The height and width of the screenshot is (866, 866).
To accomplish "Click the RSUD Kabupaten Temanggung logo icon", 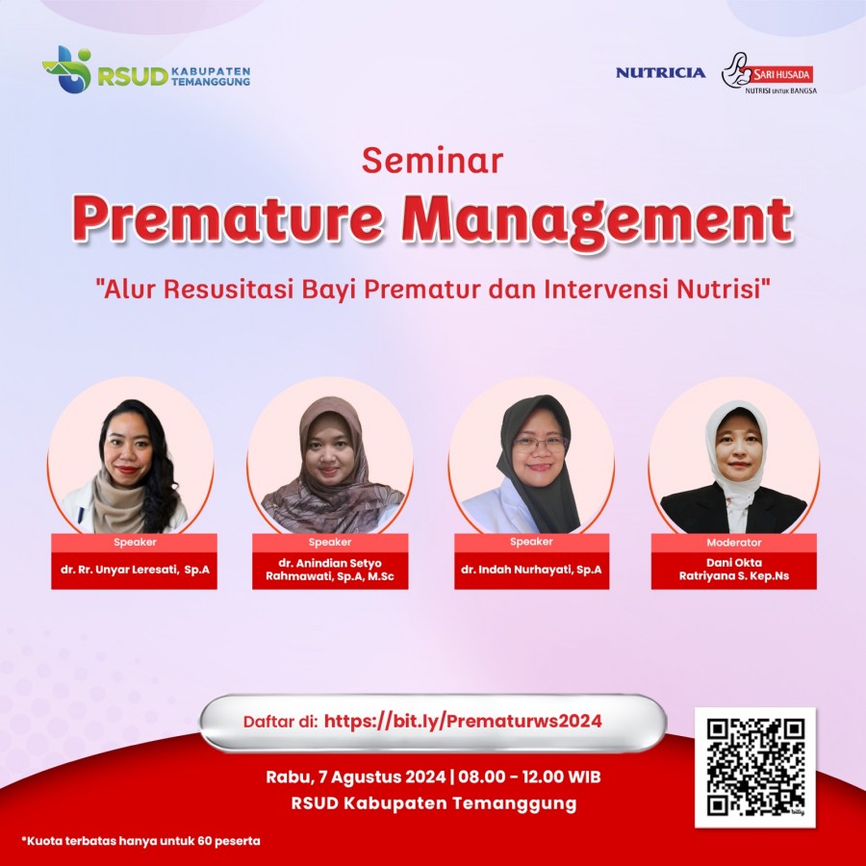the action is [x=66, y=69].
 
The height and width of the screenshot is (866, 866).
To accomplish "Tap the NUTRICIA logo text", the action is [x=660, y=73].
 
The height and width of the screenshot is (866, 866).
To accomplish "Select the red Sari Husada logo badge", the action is [x=778, y=74].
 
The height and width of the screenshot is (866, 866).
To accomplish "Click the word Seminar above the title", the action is [x=432, y=160].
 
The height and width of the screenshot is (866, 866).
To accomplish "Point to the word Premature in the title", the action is [x=227, y=218].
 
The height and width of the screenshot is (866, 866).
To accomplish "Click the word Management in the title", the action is [x=597, y=222].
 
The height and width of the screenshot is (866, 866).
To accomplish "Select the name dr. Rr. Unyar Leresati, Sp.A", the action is [x=135, y=570].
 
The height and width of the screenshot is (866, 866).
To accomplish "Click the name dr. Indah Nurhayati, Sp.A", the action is [x=531, y=570].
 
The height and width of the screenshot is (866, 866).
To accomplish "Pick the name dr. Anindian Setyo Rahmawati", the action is [x=330, y=570].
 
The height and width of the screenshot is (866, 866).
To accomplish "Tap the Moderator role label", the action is [x=734, y=543].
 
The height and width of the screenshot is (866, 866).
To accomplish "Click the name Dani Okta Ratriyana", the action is [x=734, y=570].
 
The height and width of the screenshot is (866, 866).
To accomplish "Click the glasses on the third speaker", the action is [x=540, y=443].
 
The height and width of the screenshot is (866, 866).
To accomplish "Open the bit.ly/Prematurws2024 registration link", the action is [x=463, y=722].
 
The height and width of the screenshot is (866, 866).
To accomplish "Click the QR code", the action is [x=755, y=767].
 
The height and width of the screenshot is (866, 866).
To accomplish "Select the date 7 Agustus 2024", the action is [x=382, y=777].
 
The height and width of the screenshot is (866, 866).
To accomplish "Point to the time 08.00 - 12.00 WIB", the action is [x=529, y=777].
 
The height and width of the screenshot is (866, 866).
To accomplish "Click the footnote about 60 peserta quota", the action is [x=140, y=841].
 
